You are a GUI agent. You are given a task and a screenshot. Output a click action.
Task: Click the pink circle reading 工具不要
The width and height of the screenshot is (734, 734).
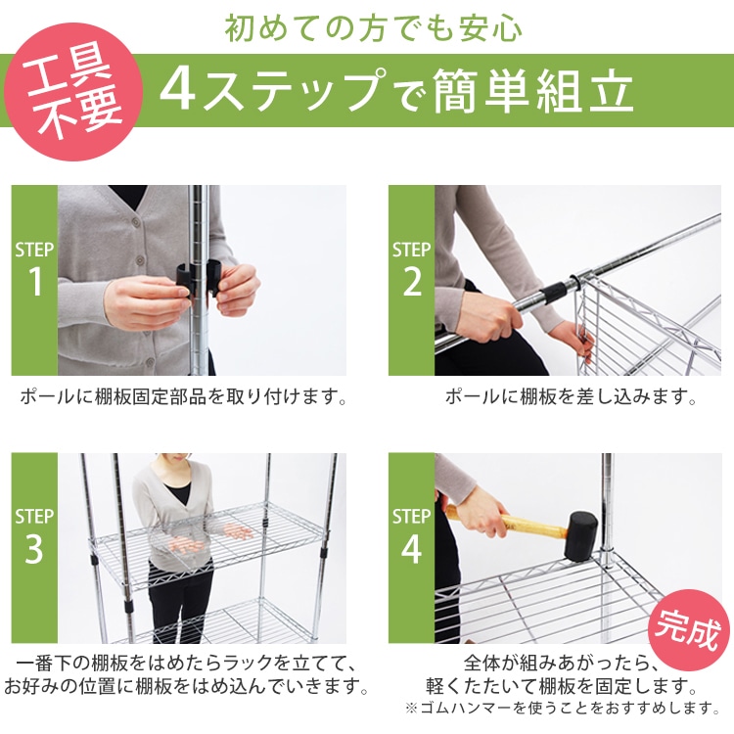pos(73,92)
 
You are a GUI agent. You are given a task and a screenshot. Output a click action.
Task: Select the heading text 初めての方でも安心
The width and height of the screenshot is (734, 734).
pos(373,28)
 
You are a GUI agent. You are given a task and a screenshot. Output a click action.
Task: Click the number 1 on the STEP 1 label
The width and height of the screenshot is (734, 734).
pos(35,281)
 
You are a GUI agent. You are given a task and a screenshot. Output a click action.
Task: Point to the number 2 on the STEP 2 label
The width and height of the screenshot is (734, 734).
pos(412,281)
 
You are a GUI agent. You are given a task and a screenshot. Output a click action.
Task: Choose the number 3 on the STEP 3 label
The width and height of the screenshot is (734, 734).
pos(34,548)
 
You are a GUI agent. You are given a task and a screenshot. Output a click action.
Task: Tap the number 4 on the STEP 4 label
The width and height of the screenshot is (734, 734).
pos(411,549)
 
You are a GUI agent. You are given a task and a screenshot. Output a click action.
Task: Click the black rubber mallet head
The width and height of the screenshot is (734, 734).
pos(580,536)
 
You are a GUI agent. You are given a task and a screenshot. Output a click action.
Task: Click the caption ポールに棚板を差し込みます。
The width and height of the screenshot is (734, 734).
pos(571,397)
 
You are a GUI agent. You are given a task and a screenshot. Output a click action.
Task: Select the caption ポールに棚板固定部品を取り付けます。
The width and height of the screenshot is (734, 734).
pos(183,397)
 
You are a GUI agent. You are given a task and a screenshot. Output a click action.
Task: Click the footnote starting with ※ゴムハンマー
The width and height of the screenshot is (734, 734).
pos(563,708)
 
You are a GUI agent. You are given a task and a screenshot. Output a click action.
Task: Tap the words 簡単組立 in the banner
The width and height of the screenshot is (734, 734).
pos(533,91)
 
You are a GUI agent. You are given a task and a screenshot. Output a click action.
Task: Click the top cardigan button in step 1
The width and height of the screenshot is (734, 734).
pos(137,220)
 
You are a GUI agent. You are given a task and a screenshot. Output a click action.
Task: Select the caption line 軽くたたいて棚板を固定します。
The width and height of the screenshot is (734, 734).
pos(562,686)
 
